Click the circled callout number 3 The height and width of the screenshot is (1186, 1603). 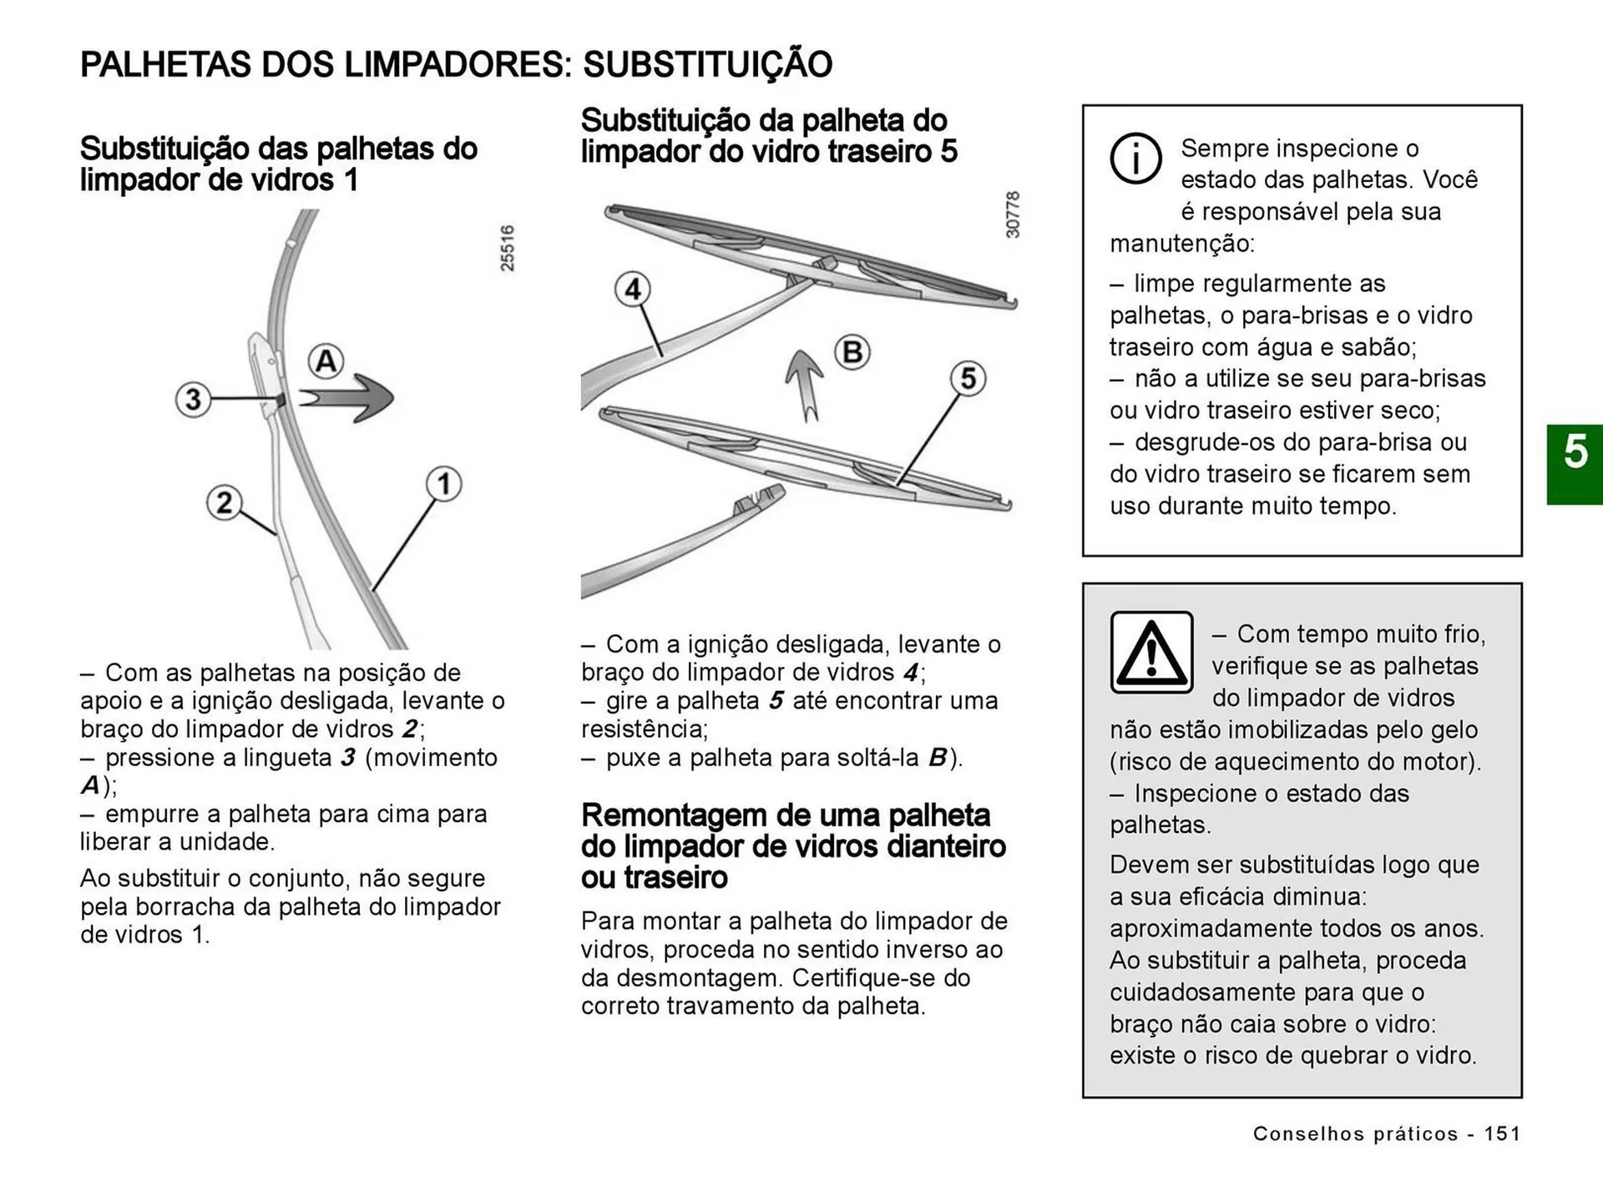click(x=193, y=399)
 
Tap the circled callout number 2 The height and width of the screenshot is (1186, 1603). click(x=224, y=502)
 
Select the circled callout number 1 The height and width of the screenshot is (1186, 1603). click(x=444, y=484)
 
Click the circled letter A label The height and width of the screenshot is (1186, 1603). click(x=326, y=361)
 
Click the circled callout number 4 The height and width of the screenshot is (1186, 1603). click(x=633, y=290)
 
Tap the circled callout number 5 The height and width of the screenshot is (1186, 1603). click(x=968, y=378)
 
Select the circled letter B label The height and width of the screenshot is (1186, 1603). click(x=852, y=351)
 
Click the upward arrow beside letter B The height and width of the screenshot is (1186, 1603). click(x=805, y=383)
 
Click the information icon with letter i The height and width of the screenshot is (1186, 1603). click(x=1135, y=159)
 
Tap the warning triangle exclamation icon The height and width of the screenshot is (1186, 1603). click(x=1151, y=653)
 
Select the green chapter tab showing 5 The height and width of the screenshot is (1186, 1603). click(x=1575, y=463)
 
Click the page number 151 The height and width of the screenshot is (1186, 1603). click(x=1502, y=1133)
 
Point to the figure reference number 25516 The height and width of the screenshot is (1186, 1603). click(x=508, y=248)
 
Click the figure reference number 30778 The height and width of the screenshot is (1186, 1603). click(x=1013, y=214)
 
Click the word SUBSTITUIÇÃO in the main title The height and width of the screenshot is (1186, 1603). click(x=707, y=64)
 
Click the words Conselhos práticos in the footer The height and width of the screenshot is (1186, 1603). click(x=1355, y=1133)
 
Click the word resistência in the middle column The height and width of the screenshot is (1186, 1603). click(x=644, y=729)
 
